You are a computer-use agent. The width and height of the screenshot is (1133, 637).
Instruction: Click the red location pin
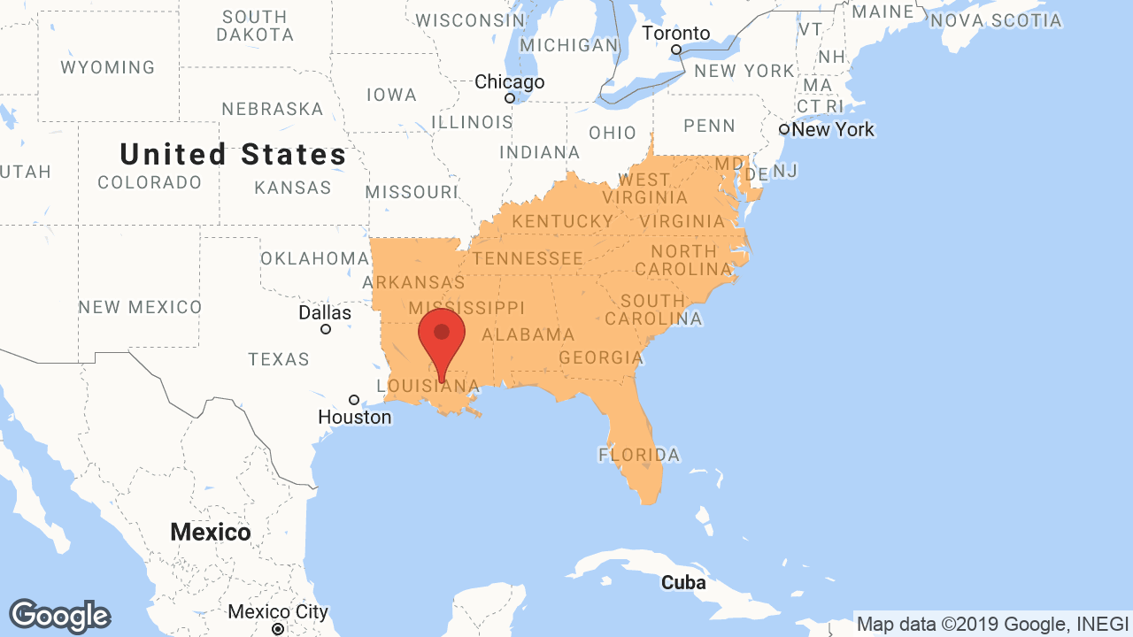[442, 335]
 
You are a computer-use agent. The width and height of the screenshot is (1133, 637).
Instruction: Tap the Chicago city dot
[510, 98]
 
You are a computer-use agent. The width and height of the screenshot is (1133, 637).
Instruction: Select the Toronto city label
[675, 34]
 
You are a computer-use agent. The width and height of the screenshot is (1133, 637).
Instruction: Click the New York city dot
[784, 129]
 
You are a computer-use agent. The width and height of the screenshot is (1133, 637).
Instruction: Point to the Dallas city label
[325, 313]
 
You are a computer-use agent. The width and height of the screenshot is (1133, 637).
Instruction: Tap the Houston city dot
[354, 400]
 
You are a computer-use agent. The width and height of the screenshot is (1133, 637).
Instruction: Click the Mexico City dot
[278, 629]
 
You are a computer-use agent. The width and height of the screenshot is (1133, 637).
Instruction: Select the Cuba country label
[683, 583]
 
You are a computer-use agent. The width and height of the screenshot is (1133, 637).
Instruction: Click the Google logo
[60, 616]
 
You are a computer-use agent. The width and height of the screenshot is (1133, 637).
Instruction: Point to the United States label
[234, 155]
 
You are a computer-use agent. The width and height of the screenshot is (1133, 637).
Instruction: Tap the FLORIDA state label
[639, 456]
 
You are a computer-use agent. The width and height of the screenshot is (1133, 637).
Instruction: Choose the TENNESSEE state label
[528, 258]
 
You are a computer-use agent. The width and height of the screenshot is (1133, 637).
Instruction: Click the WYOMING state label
[108, 67]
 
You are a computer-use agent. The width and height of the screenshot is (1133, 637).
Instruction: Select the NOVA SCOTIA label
[996, 19]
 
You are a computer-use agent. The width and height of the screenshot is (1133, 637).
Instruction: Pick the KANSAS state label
[293, 188]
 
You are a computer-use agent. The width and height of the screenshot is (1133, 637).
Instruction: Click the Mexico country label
[211, 533]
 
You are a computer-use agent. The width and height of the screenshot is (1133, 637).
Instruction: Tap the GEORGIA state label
[601, 358]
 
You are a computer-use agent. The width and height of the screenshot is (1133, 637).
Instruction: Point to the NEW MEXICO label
[140, 307]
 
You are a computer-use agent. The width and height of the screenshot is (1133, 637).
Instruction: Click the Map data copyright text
[992, 624]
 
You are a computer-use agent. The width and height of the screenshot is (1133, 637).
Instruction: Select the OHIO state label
[613, 133]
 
